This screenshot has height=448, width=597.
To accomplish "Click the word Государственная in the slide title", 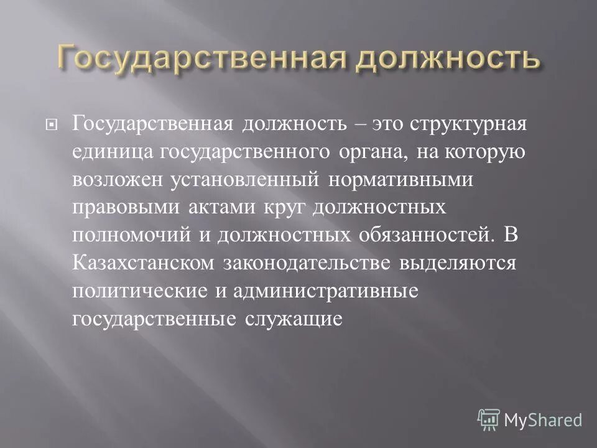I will pyautogui.click(x=193, y=59).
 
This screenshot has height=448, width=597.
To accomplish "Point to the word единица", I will pyautogui.click(x=114, y=151).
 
